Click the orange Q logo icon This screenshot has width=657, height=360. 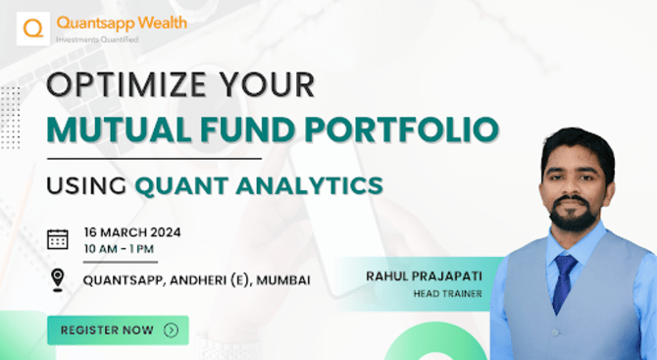(33, 26)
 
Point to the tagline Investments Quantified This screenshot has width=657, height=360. (97, 39)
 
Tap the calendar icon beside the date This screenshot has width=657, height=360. (58, 239)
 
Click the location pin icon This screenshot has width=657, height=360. (58, 281)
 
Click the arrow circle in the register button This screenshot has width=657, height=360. (171, 331)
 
